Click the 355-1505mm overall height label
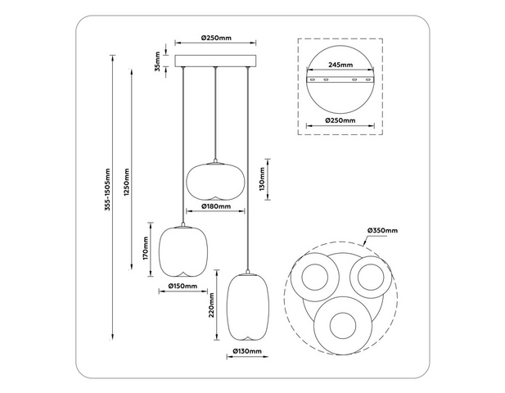108,190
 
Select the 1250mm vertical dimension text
127,183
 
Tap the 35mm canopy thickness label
157,61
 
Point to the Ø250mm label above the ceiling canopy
216,38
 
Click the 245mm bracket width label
340,65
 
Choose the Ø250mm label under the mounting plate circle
340,120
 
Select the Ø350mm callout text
382,230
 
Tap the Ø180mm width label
216,206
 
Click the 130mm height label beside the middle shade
262,179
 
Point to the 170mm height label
146,248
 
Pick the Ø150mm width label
183,286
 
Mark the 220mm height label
211,305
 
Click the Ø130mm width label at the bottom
247,351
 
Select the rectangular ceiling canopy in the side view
215,61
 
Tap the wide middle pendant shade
216,181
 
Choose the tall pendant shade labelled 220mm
247,307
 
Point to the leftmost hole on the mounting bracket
312,79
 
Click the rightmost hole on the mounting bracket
368,79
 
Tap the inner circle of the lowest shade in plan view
343,326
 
